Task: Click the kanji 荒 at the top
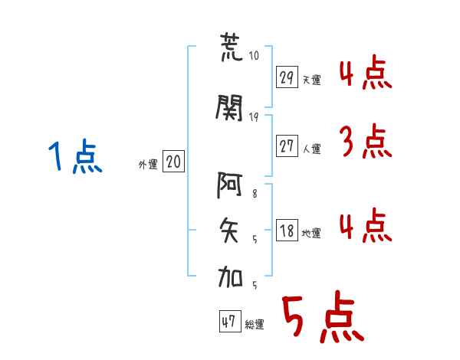(232, 47)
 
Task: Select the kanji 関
(229, 107)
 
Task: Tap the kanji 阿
(229, 185)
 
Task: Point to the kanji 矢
(229, 231)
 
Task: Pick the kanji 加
(230, 277)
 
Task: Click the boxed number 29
(287, 77)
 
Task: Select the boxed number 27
(287, 146)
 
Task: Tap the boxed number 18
(287, 230)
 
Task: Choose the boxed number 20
(173, 162)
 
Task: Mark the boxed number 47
(230, 321)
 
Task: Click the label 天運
(311, 80)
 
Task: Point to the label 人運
(311, 149)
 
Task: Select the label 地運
(311, 233)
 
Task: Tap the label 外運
(148, 165)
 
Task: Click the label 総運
(255, 325)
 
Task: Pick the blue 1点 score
(75, 156)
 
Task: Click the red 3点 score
(366, 141)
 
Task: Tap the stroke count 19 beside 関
(254, 117)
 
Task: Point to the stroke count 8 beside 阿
(255, 194)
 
